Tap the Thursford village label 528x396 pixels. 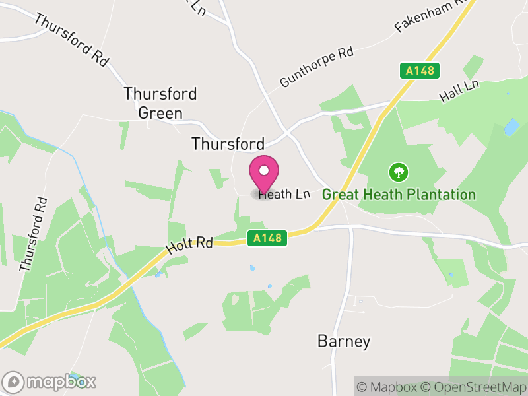point(228,144)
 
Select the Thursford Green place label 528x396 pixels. point(160,104)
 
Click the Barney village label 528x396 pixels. point(344,341)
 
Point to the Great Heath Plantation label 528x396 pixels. point(399,195)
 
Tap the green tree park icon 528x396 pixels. point(399,173)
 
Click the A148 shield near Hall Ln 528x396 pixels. point(420,71)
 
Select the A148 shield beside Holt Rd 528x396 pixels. point(269,238)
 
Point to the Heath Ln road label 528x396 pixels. point(284,194)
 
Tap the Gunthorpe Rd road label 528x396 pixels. point(317,67)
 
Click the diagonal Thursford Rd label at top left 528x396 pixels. point(71,39)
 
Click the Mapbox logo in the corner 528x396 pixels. point(49,381)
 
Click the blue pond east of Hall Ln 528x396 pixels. point(511,127)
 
